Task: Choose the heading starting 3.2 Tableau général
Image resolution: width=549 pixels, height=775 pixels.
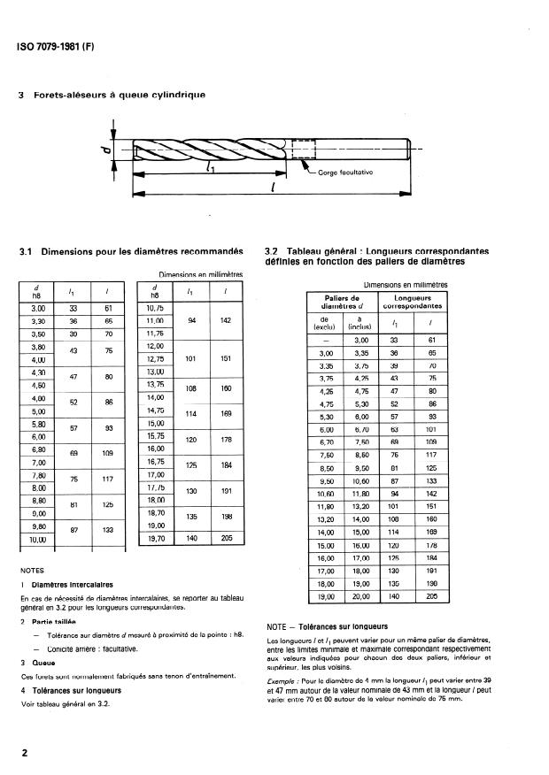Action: tap(364, 257)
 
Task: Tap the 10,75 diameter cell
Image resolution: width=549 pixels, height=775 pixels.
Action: tap(155, 308)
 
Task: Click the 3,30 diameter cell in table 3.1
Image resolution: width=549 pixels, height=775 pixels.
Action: tap(38, 320)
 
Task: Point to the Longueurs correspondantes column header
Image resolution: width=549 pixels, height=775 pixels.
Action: tap(414, 302)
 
